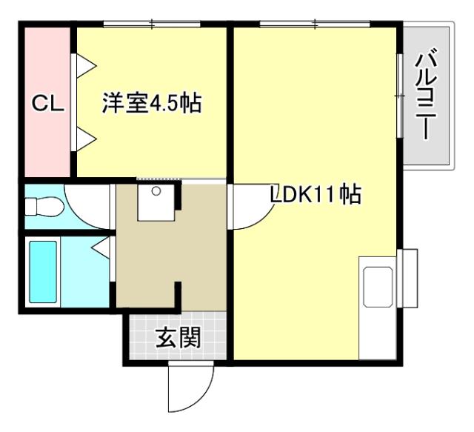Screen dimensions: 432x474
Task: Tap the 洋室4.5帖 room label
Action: (x=152, y=104)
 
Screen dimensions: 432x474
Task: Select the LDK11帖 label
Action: (x=315, y=195)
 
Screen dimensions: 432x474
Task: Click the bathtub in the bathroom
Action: (x=43, y=273)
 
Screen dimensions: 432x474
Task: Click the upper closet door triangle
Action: (x=84, y=64)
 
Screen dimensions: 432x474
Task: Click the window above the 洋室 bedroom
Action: (x=152, y=25)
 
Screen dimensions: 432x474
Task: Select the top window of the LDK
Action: (x=315, y=25)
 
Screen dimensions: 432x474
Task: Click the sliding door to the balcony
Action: (x=400, y=96)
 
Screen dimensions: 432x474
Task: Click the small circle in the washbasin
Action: (x=156, y=192)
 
